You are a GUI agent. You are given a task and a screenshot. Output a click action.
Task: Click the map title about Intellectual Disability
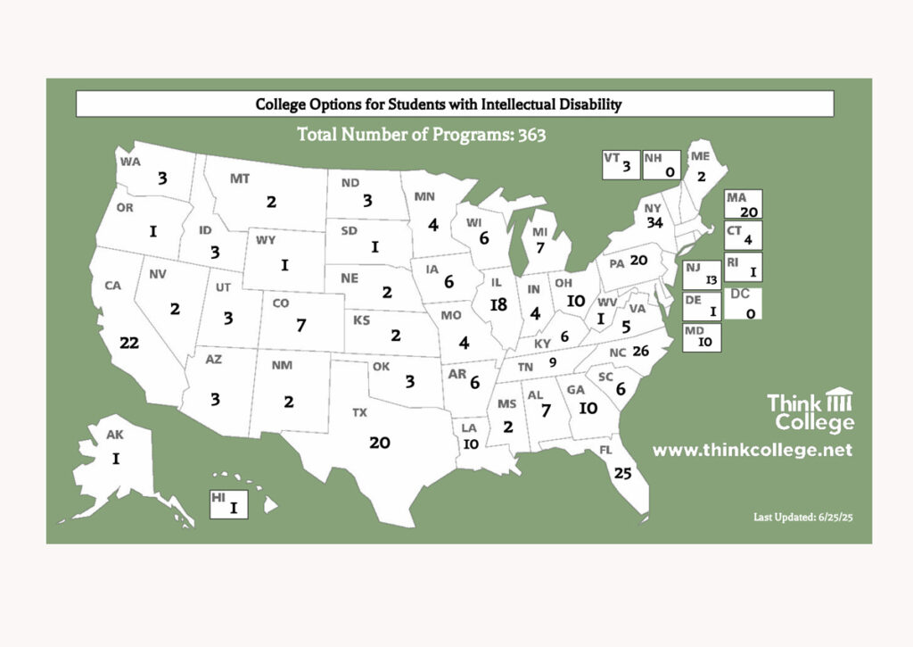pyautogui.click(x=438, y=104)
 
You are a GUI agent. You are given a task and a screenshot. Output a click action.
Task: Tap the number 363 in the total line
pyautogui.click(x=526, y=136)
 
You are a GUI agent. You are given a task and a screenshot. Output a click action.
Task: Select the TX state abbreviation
pyautogui.click(x=359, y=412)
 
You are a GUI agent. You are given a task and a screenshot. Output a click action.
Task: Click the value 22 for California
pyautogui.click(x=129, y=344)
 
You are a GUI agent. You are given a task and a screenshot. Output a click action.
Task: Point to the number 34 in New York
pyautogui.click(x=654, y=222)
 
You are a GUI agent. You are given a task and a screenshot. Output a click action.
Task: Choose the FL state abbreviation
pyautogui.click(x=605, y=450)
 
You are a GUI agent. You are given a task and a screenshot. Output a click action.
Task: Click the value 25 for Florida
pyautogui.click(x=623, y=473)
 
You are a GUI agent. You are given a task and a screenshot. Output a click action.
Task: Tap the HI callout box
pyautogui.click(x=227, y=503)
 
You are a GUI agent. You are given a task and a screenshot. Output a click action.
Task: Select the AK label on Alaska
pyautogui.click(x=114, y=435)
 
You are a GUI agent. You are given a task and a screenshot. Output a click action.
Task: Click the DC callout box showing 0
pyautogui.click(x=743, y=303)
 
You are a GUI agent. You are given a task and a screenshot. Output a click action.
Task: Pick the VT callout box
pyautogui.click(x=620, y=164)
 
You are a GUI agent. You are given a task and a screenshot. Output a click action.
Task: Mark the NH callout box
pyautogui.click(x=661, y=164)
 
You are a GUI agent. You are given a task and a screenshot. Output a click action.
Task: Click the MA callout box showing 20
pyautogui.click(x=743, y=204)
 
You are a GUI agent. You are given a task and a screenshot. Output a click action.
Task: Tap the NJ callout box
pyautogui.click(x=702, y=274)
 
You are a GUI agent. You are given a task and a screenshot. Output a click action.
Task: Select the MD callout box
pyautogui.click(x=702, y=336)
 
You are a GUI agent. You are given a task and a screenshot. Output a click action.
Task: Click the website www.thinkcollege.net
pyautogui.click(x=752, y=451)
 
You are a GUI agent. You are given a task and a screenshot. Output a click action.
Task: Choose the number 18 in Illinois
pyautogui.click(x=498, y=304)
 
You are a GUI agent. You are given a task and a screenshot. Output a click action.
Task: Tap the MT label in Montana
pyautogui.click(x=240, y=178)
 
